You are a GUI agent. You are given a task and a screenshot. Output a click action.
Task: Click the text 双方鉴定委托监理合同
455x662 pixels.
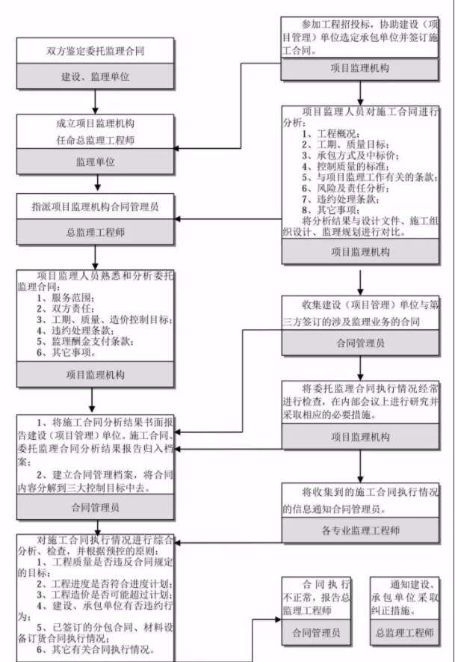coord(95,52)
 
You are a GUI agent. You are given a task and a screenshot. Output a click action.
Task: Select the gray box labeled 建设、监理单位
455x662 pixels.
coord(95,77)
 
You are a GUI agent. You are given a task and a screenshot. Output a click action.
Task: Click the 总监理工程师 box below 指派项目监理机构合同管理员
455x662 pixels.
coord(95,232)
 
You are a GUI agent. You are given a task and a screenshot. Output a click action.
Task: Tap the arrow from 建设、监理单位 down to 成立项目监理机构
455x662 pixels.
coord(95,102)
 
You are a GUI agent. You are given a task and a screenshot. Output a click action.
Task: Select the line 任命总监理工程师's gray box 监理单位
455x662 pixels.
coord(95,162)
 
